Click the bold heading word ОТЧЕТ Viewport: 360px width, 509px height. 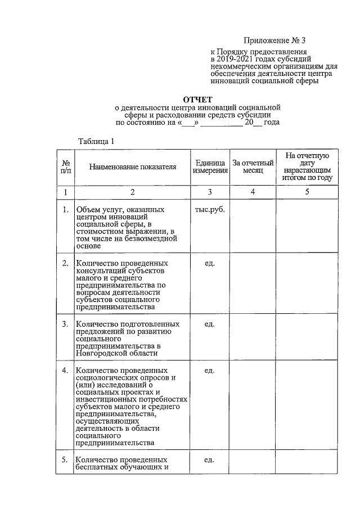tap(194, 99)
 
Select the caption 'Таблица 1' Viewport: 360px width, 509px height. tap(96, 141)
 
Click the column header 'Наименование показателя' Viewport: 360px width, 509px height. tap(133, 167)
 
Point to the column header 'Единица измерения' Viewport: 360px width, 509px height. tap(210, 167)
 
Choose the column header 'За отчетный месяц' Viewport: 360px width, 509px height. tap(253, 167)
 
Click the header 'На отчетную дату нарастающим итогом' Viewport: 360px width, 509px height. tap(307, 167)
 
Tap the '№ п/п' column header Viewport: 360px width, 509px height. tap(65, 167)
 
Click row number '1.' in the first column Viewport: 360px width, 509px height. tap(65, 210)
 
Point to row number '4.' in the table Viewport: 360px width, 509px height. tap(65, 371)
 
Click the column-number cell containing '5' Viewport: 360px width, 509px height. tap(307, 192)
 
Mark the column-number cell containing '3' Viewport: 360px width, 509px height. tap(210, 192)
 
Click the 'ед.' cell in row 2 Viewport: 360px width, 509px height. tap(210, 263)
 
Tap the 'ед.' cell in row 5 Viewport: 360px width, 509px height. tap(210, 460)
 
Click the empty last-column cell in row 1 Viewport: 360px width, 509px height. tap(307, 226)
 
